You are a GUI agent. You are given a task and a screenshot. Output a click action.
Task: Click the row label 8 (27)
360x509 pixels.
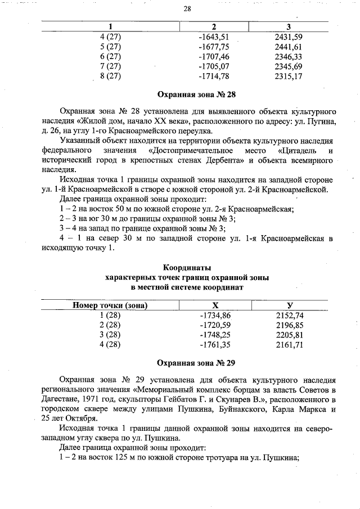point(110,76)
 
